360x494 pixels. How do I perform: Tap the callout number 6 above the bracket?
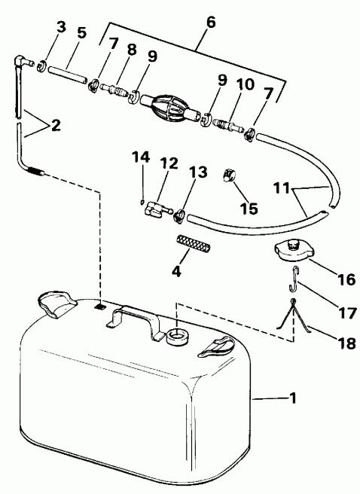click(211, 22)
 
